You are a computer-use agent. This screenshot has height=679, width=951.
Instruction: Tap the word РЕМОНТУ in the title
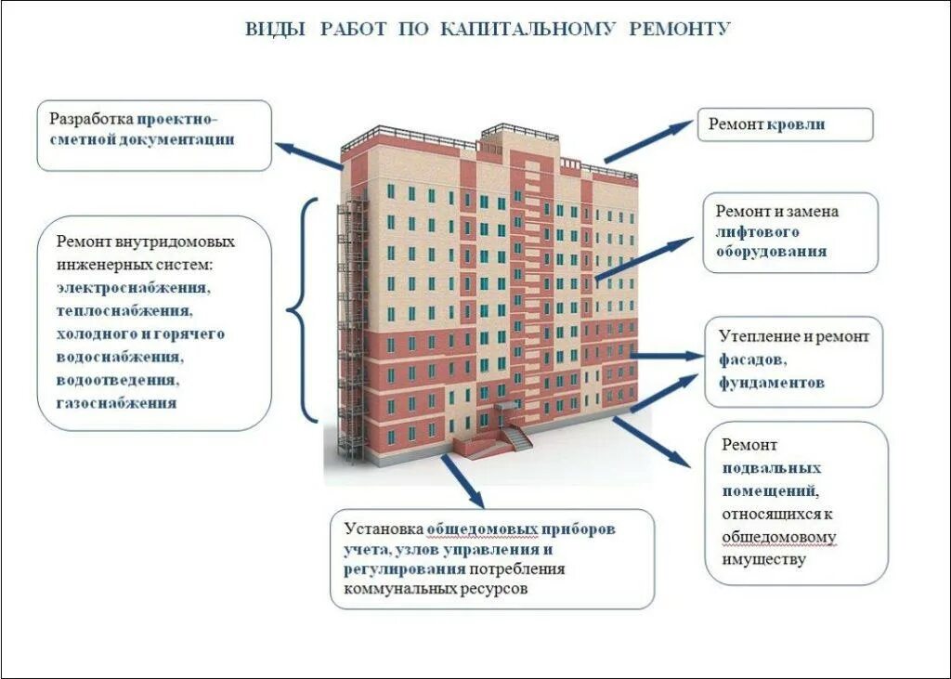pyautogui.click(x=680, y=29)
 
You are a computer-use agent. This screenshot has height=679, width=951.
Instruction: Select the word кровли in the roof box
pyautogui.click(x=796, y=124)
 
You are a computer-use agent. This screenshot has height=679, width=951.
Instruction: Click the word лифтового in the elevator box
pyautogui.click(x=757, y=231)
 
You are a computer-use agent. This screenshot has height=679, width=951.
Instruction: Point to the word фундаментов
pyautogui.click(x=771, y=382)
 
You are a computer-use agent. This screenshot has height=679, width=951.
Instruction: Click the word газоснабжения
pyautogui.click(x=116, y=403)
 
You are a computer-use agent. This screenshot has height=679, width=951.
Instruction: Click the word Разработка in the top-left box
pyautogui.click(x=91, y=119)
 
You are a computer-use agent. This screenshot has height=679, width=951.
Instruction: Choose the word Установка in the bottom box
pyautogui.click(x=384, y=529)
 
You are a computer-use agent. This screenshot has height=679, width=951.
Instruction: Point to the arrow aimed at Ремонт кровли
pyautogui.click(x=648, y=141)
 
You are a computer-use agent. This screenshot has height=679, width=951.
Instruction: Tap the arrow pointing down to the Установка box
pyautogui.click(x=462, y=479)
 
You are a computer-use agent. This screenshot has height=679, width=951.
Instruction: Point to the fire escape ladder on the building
pyautogui.click(x=350, y=325)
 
